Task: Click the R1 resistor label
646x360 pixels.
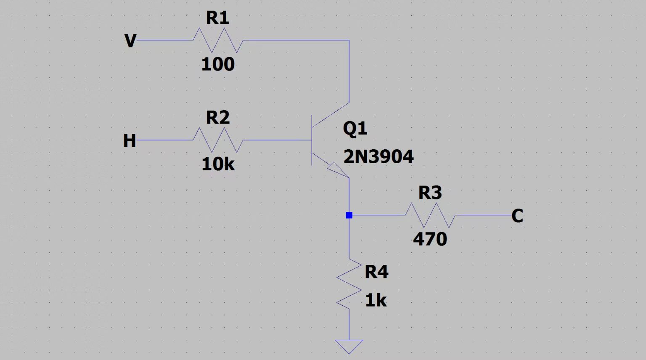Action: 217,18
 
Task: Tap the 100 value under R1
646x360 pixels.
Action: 218,64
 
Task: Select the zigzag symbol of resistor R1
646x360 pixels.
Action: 218,40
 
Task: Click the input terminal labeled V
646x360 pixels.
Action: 130,41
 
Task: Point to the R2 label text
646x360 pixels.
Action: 217,118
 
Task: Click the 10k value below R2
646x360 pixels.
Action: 218,164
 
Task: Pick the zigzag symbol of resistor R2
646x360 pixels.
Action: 218,140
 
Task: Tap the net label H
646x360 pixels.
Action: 130,141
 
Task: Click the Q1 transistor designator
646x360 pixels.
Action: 355,128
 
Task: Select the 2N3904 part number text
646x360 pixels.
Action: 379,157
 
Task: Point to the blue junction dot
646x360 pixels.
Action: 349,215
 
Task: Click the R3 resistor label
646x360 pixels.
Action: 430,193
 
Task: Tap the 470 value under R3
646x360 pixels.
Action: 430,239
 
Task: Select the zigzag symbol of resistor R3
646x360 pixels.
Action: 430,215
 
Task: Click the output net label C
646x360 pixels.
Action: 517,216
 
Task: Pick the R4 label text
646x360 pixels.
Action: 376,272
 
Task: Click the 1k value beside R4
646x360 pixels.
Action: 376,301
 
